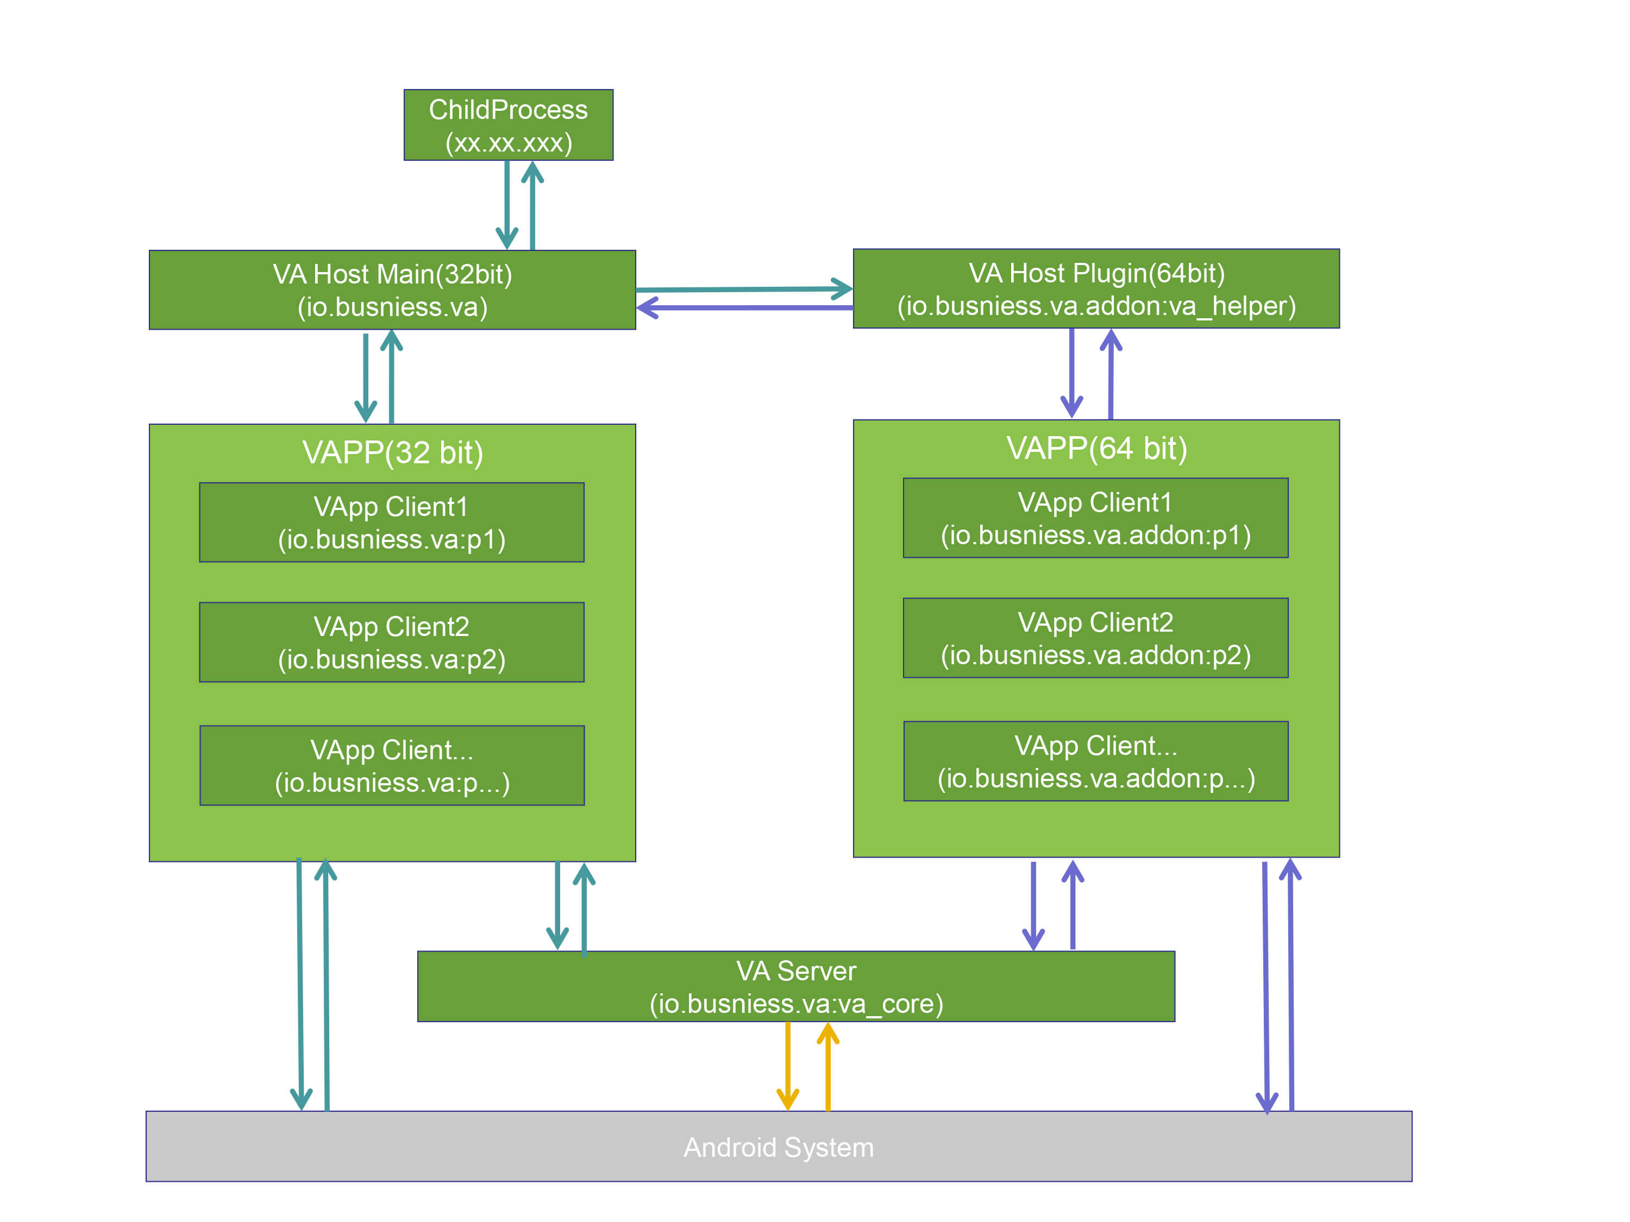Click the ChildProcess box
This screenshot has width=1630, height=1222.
coord(509,125)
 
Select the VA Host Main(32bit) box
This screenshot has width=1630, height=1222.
coord(392,289)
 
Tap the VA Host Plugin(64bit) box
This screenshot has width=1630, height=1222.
coord(1096,289)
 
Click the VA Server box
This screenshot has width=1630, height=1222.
coord(796,986)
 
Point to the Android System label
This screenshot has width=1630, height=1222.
coord(778,1147)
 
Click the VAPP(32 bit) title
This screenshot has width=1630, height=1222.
coord(392,452)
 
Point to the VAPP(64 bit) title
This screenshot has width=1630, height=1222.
coord(1096,448)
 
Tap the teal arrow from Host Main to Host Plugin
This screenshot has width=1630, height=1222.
coord(744,289)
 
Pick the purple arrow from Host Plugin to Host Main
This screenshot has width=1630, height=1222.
coord(744,307)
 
